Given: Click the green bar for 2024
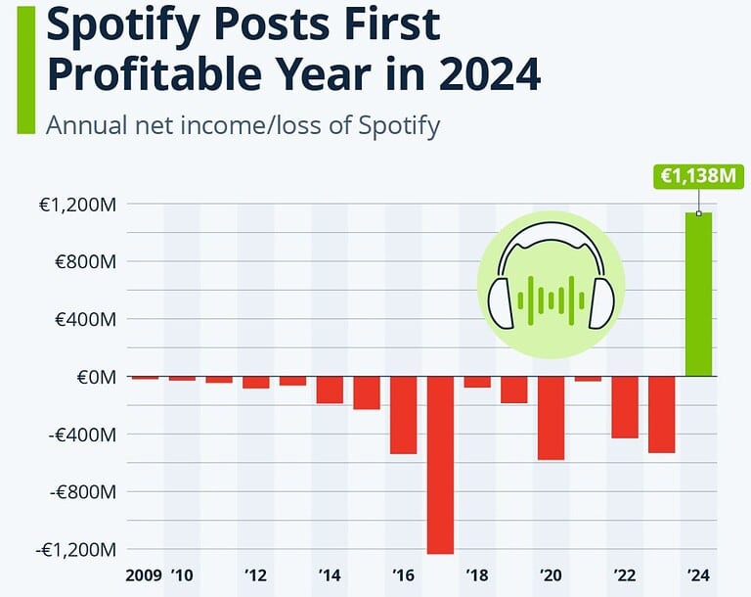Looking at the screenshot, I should click(x=698, y=294).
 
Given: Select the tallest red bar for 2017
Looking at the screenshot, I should click(x=440, y=465).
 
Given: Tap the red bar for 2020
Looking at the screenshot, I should click(x=551, y=418).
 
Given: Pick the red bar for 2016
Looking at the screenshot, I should click(x=403, y=415).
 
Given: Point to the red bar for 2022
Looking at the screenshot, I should click(x=625, y=407).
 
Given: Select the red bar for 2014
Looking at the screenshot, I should click(x=330, y=390).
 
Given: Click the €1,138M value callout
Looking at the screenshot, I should click(x=696, y=176).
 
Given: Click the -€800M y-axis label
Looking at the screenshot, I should click(x=83, y=492).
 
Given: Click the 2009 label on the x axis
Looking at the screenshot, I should click(x=144, y=574).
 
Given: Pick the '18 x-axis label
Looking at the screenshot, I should click(x=477, y=574).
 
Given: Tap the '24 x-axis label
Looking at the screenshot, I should click(x=698, y=574).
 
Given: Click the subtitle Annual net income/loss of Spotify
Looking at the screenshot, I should click(x=243, y=125).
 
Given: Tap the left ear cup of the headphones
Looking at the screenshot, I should click(x=500, y=303).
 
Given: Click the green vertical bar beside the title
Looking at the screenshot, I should click(x=25, y=69).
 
